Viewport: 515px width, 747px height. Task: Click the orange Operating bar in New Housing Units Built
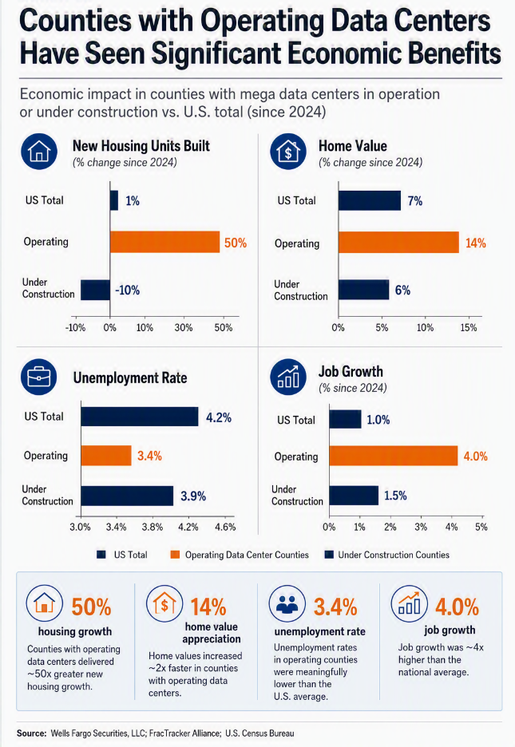click(164, 242)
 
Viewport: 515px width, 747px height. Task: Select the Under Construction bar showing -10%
click(95, 290)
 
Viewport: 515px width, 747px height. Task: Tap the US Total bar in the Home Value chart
click(370, 200)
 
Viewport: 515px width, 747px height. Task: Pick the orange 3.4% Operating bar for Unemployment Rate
click(105, 456)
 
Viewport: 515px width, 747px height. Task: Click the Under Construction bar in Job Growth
click(354, 496)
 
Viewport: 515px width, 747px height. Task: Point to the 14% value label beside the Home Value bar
click(475, 243)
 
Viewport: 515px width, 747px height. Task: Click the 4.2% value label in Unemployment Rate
click(219, 418)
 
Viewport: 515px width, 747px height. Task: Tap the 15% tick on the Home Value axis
click(469, 328)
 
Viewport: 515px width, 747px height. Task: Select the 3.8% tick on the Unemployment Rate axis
click(153, 527)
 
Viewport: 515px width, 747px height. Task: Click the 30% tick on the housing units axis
click(184, 328)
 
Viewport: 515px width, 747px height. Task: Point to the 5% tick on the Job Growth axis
click(481, 527)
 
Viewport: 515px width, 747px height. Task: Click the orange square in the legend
click(176, 555)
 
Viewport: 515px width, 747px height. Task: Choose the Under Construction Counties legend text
click(394, 555)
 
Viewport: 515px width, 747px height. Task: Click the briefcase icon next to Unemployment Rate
click(38, 377)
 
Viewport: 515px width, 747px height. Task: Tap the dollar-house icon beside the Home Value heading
click(288, 152)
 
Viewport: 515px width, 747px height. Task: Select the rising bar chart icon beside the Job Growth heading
click(288, 377)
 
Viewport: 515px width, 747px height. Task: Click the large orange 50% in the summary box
click(91, 607)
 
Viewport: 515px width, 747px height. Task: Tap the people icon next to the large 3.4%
click(287, 604)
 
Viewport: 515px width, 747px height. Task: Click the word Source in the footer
click(31, 733)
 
